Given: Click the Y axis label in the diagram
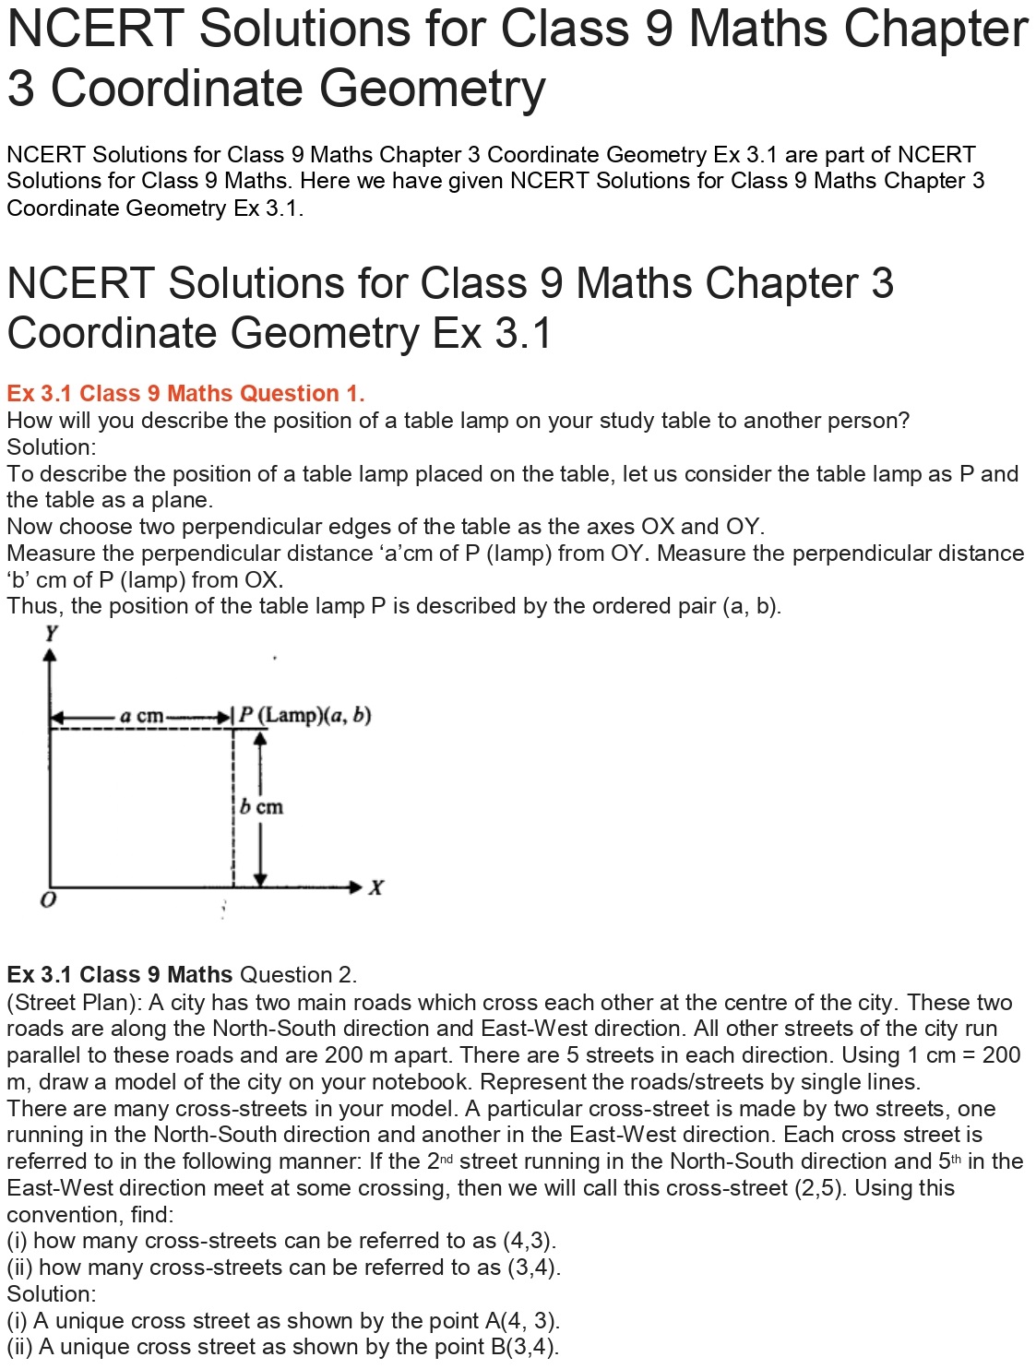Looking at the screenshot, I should point(51,633).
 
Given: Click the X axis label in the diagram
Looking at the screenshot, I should point(375,887).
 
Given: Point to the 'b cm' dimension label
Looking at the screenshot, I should point(262,807).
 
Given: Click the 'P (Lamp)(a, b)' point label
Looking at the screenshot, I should point(305,715).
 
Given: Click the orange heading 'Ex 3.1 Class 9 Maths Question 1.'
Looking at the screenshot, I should point(185,394).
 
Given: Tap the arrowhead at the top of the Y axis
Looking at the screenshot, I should point(50,654).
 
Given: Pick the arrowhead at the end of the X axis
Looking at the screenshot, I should point(357,887).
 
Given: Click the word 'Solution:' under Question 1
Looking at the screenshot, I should point(51,447).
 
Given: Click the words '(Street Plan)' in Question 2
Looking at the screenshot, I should point(74,1003).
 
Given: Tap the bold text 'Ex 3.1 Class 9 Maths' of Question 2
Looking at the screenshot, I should point(119,975).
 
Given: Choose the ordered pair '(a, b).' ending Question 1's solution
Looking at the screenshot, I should point(752,606).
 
